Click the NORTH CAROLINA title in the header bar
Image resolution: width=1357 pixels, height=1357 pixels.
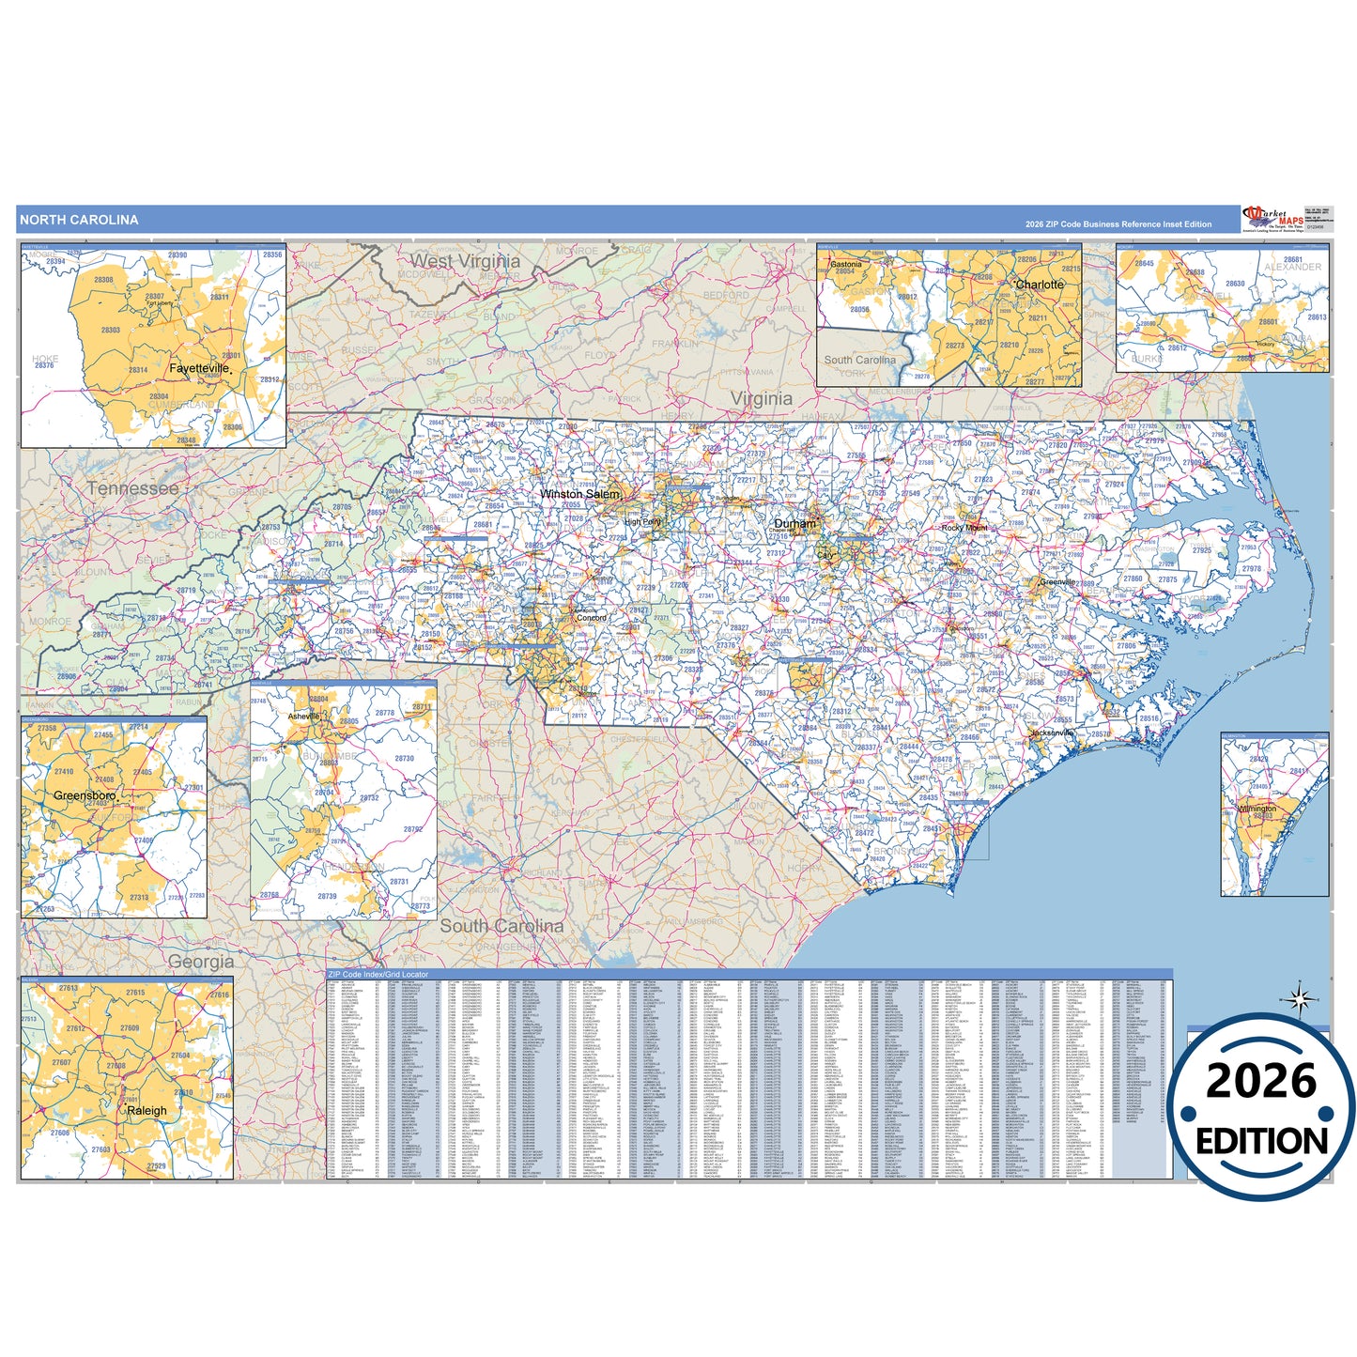(x=79, y=220)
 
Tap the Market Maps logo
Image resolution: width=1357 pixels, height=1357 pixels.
(x=1272, y=220)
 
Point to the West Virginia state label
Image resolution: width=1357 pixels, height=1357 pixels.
(x=465, y=261)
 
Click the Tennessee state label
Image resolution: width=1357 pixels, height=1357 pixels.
(x=132, y=488)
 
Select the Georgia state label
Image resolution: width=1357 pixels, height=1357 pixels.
(x=201, y=962)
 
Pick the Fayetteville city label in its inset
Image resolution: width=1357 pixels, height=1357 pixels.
(x=199, y=368)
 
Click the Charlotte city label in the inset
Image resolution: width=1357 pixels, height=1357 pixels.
(x=1040, y=285)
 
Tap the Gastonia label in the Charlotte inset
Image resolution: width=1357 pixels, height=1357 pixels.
(x=845, y=265)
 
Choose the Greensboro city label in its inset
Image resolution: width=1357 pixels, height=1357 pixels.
(x=85, y=795)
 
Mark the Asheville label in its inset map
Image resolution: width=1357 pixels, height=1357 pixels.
(x=303, y=717)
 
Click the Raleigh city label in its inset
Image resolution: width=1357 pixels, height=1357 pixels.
(x=146, y=1110)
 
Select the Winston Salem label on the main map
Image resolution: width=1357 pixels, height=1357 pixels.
(x=579, y=494)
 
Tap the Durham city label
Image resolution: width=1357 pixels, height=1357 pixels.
(x=794, y=524)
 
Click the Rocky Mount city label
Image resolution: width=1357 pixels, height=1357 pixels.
(x=964, y=528)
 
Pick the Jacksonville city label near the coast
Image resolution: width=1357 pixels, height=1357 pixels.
(x=1052, y=732)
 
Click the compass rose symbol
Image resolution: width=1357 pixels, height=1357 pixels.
(x=1300, y=999)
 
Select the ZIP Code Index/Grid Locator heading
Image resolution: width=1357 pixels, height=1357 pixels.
(x=378, y=975)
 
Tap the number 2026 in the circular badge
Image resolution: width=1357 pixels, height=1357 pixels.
(x=1261, y=1081)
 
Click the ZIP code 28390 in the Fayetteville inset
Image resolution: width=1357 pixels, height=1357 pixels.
(x=177, y=255)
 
